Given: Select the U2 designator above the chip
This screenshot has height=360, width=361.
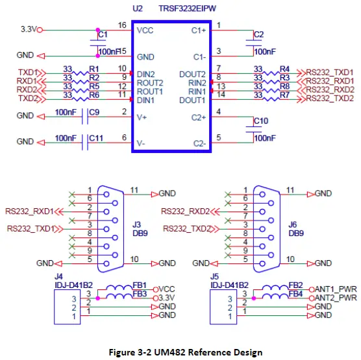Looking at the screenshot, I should (137, 9).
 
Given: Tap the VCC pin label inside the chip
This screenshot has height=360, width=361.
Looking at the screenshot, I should (145, 30).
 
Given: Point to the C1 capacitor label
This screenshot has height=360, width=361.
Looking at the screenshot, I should (103, 33).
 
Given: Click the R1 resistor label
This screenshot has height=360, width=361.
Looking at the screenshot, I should (94, 69).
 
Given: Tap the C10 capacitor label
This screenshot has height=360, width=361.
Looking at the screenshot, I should (260, 121).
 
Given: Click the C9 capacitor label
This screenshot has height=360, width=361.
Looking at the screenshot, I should (94, 113).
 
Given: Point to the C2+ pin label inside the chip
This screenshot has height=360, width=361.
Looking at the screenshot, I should (198, 117).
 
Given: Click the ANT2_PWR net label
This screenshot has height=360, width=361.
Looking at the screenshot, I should (336, 298).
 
